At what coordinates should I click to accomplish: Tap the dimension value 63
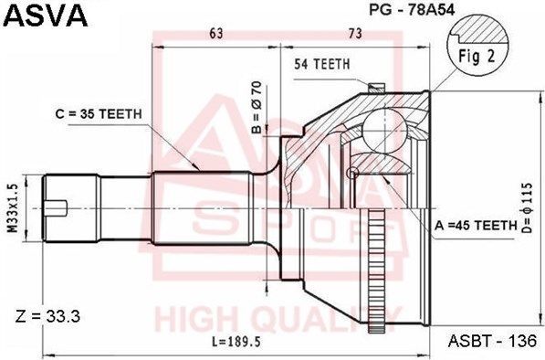pyautogui.click(x=215, y=35)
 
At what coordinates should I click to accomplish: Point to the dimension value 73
pyautogui.click(x=356, y=35)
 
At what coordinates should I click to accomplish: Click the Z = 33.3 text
pyautogui.click(x=51, y=317)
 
